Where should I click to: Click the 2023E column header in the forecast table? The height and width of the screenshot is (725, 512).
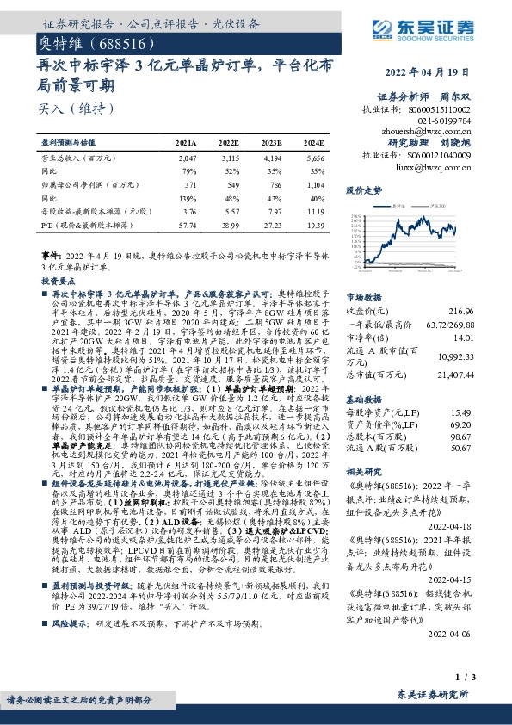click(x=272, y=143)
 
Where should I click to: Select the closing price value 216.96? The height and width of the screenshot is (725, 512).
click(x=486, y=309)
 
